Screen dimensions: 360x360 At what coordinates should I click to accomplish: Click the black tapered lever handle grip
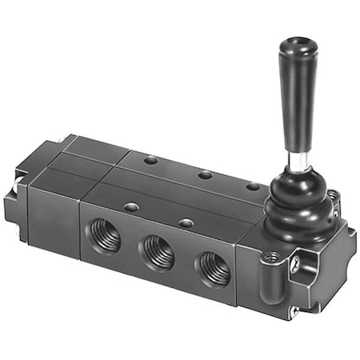pos(290,88)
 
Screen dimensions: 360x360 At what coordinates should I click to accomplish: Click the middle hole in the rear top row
pos(205,174)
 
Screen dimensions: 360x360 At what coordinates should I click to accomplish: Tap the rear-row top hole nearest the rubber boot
pos(252,186)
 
